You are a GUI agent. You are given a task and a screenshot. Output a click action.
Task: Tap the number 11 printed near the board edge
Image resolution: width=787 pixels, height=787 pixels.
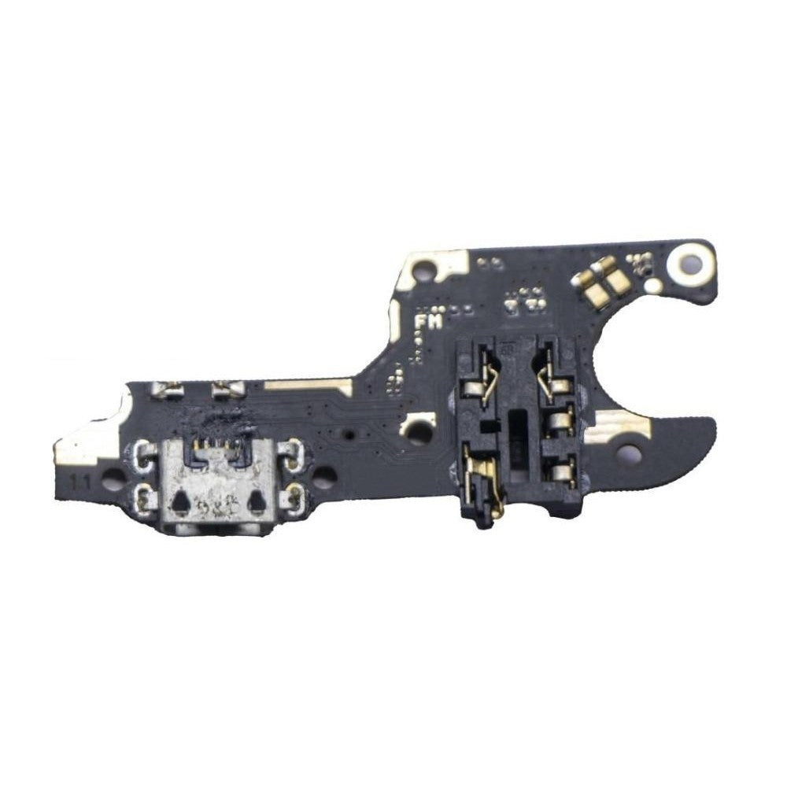pos(79,478)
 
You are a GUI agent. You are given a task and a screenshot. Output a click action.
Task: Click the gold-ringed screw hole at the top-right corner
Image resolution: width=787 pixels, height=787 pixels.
pos(694,257)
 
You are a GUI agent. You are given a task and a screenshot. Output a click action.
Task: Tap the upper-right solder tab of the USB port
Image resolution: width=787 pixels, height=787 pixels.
pos(297,453)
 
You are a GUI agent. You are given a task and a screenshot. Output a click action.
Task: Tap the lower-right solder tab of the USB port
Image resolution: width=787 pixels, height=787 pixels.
pos(297,494)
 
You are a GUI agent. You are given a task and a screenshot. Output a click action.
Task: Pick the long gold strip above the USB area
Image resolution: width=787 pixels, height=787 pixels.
pos(309,385)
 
